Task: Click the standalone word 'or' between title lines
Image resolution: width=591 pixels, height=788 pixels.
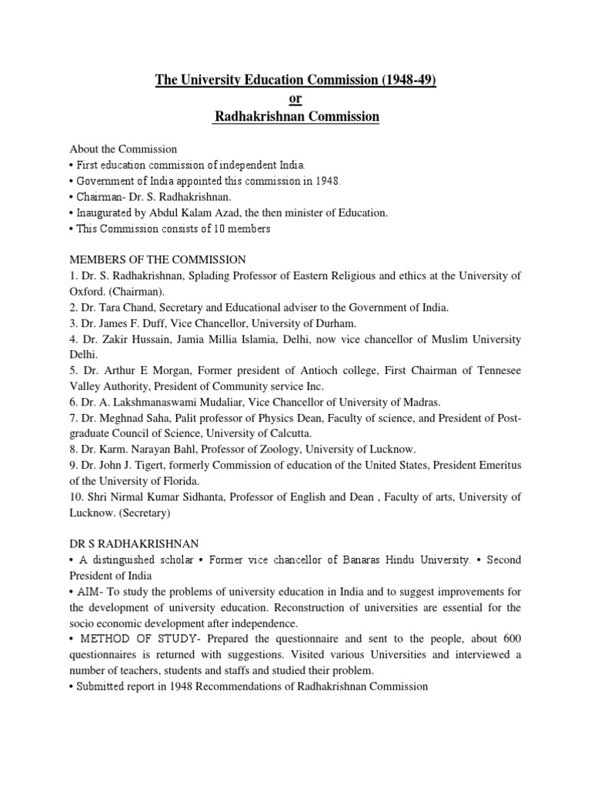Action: (x=295, y=98)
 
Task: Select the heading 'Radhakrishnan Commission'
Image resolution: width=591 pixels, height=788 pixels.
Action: (x=296, y=116)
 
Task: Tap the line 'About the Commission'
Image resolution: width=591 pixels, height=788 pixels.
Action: (x=123, y=149)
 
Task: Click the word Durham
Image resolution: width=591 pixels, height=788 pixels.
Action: (x=336, y=324)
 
